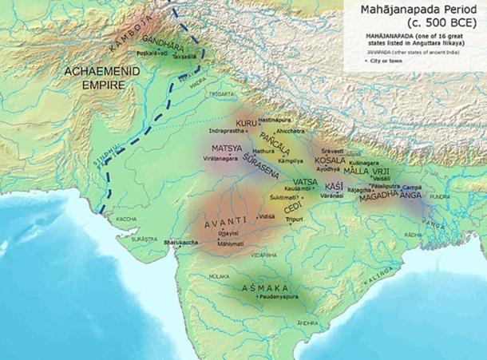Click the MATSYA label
point(227,149)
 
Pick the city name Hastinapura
point(279,116)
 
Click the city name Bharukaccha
point(181,240)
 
